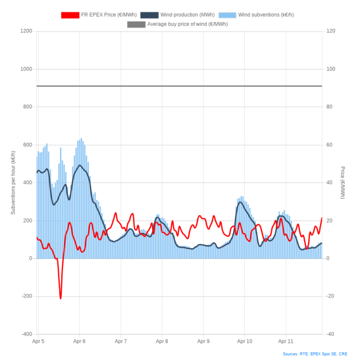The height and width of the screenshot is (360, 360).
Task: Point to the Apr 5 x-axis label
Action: tap(38, 342)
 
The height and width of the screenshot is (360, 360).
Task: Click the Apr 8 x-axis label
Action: tap(162, 342)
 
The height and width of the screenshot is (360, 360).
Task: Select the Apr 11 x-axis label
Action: tap(286, 342)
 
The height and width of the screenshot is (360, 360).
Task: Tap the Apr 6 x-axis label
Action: tap(79, 342)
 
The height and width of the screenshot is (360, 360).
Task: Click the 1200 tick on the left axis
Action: tap(26, 31)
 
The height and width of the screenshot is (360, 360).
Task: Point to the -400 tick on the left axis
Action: tap(26, 334)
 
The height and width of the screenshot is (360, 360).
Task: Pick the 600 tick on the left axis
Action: tap(27, 144)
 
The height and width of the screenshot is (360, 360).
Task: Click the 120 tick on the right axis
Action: tap(331, 31)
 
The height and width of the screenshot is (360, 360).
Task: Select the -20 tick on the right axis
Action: tap(330, 296)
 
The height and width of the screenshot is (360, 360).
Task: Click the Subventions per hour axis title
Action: tap(13, 182)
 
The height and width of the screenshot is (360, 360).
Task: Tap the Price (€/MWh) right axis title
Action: tap(343, 182)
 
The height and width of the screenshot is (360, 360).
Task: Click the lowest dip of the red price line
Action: tap(61, 298)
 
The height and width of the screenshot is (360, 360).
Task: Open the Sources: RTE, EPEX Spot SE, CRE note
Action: tap(315, 354)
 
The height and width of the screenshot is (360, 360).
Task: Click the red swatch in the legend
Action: tap(70, 15)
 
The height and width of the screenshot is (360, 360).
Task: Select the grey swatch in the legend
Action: tap(136, 24)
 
